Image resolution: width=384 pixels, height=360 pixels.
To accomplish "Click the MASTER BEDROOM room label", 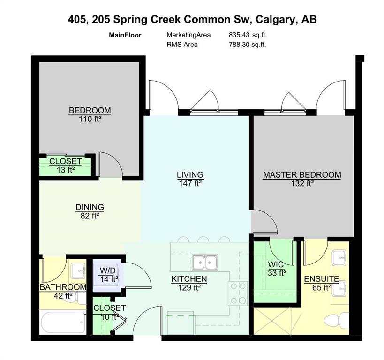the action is (x=302, y=175).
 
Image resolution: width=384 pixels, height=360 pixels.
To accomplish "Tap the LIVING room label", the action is (x=190, y=175).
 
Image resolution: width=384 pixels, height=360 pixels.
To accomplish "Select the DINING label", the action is (x=90, y=207).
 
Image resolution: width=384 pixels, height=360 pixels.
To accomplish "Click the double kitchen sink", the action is (x=204, y=262).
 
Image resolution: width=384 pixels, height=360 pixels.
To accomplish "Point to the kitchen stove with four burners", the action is (x=237, y=293).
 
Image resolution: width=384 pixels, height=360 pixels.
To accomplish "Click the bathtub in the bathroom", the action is (x=63, y=322).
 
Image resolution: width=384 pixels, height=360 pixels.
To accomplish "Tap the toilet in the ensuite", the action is (x=336, y=320).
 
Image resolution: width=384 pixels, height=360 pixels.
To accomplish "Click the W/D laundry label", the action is (x=107, y=270).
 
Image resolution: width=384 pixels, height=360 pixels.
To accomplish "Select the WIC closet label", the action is (x=276, y=264).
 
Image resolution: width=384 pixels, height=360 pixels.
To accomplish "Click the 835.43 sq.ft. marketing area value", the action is (x=248, y=35).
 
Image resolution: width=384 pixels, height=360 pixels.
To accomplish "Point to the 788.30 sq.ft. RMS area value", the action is (x=248, y=45).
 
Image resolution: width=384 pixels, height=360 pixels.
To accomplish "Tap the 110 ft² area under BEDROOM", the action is (x=90, y=119).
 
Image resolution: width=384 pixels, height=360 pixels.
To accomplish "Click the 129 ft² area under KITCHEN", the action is (x=189, y=287).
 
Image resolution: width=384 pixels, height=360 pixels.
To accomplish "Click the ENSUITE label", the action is (x=322, y=279).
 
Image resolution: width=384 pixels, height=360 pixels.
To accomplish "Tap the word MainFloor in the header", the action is (x=125, y=35).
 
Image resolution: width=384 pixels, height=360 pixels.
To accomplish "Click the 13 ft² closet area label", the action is (x=65, y=170).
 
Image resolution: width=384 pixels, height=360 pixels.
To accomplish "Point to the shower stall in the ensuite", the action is (x=272, y=321).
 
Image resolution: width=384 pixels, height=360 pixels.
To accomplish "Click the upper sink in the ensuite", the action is (x=339, y=257).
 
